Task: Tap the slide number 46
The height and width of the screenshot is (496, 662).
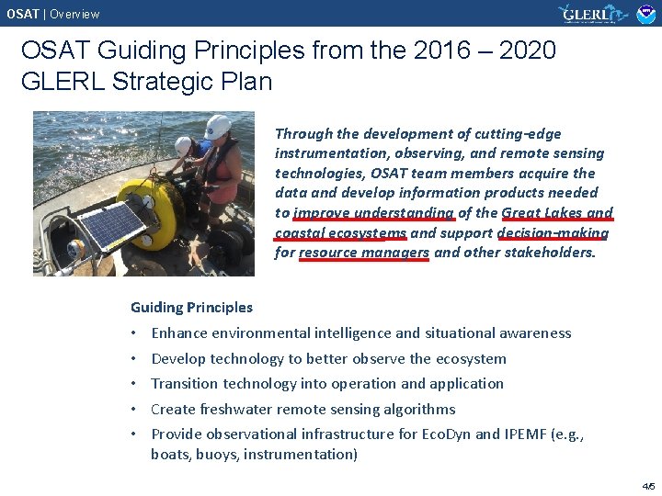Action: pyautogui.click(x=647, y=486)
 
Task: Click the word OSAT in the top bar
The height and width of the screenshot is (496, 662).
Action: pyautogui.click(x=23, y=14)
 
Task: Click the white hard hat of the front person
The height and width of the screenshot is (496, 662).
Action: pyautogui.click(x=219, y=126)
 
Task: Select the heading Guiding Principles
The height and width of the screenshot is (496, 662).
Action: pyautogui.click(x=191, y=307)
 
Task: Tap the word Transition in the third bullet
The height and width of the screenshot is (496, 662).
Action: pyautogui.click(x=185, y=384)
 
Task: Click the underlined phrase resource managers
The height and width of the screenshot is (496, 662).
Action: pyautogui.click(x=364, y=253)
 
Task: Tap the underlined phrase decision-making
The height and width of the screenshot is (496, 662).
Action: pyautogui.click(x=552, y=232)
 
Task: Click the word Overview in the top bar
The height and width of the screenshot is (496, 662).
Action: pyautogui.click(x=74, y=14)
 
